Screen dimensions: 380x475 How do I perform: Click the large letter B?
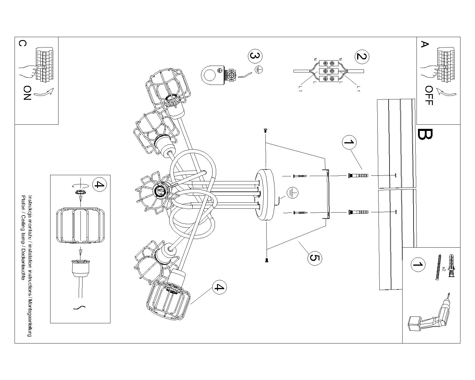coord(425,134)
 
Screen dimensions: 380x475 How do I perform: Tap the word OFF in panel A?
coord(429,96)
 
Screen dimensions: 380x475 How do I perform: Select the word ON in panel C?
coord(27,93)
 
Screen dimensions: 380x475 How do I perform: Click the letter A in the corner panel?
coord(425,45)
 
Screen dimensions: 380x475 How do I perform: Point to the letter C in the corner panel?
coord(22,44)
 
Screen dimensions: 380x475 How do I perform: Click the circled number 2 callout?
coord(361,56)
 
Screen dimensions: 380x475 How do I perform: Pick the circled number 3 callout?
coord(255,56)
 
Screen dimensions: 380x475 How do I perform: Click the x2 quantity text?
coord(444,269)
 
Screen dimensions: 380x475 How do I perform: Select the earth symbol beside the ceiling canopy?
coord(292,193)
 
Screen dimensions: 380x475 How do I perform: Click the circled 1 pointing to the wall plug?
coord(349,142)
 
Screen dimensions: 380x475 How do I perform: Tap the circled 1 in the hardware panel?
coord(418,265)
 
